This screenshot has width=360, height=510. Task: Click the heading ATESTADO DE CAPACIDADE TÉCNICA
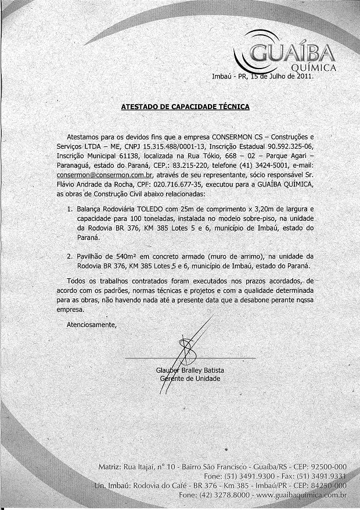(x=185, y=107)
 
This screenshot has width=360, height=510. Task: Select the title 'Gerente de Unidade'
(x=190, y=379)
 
